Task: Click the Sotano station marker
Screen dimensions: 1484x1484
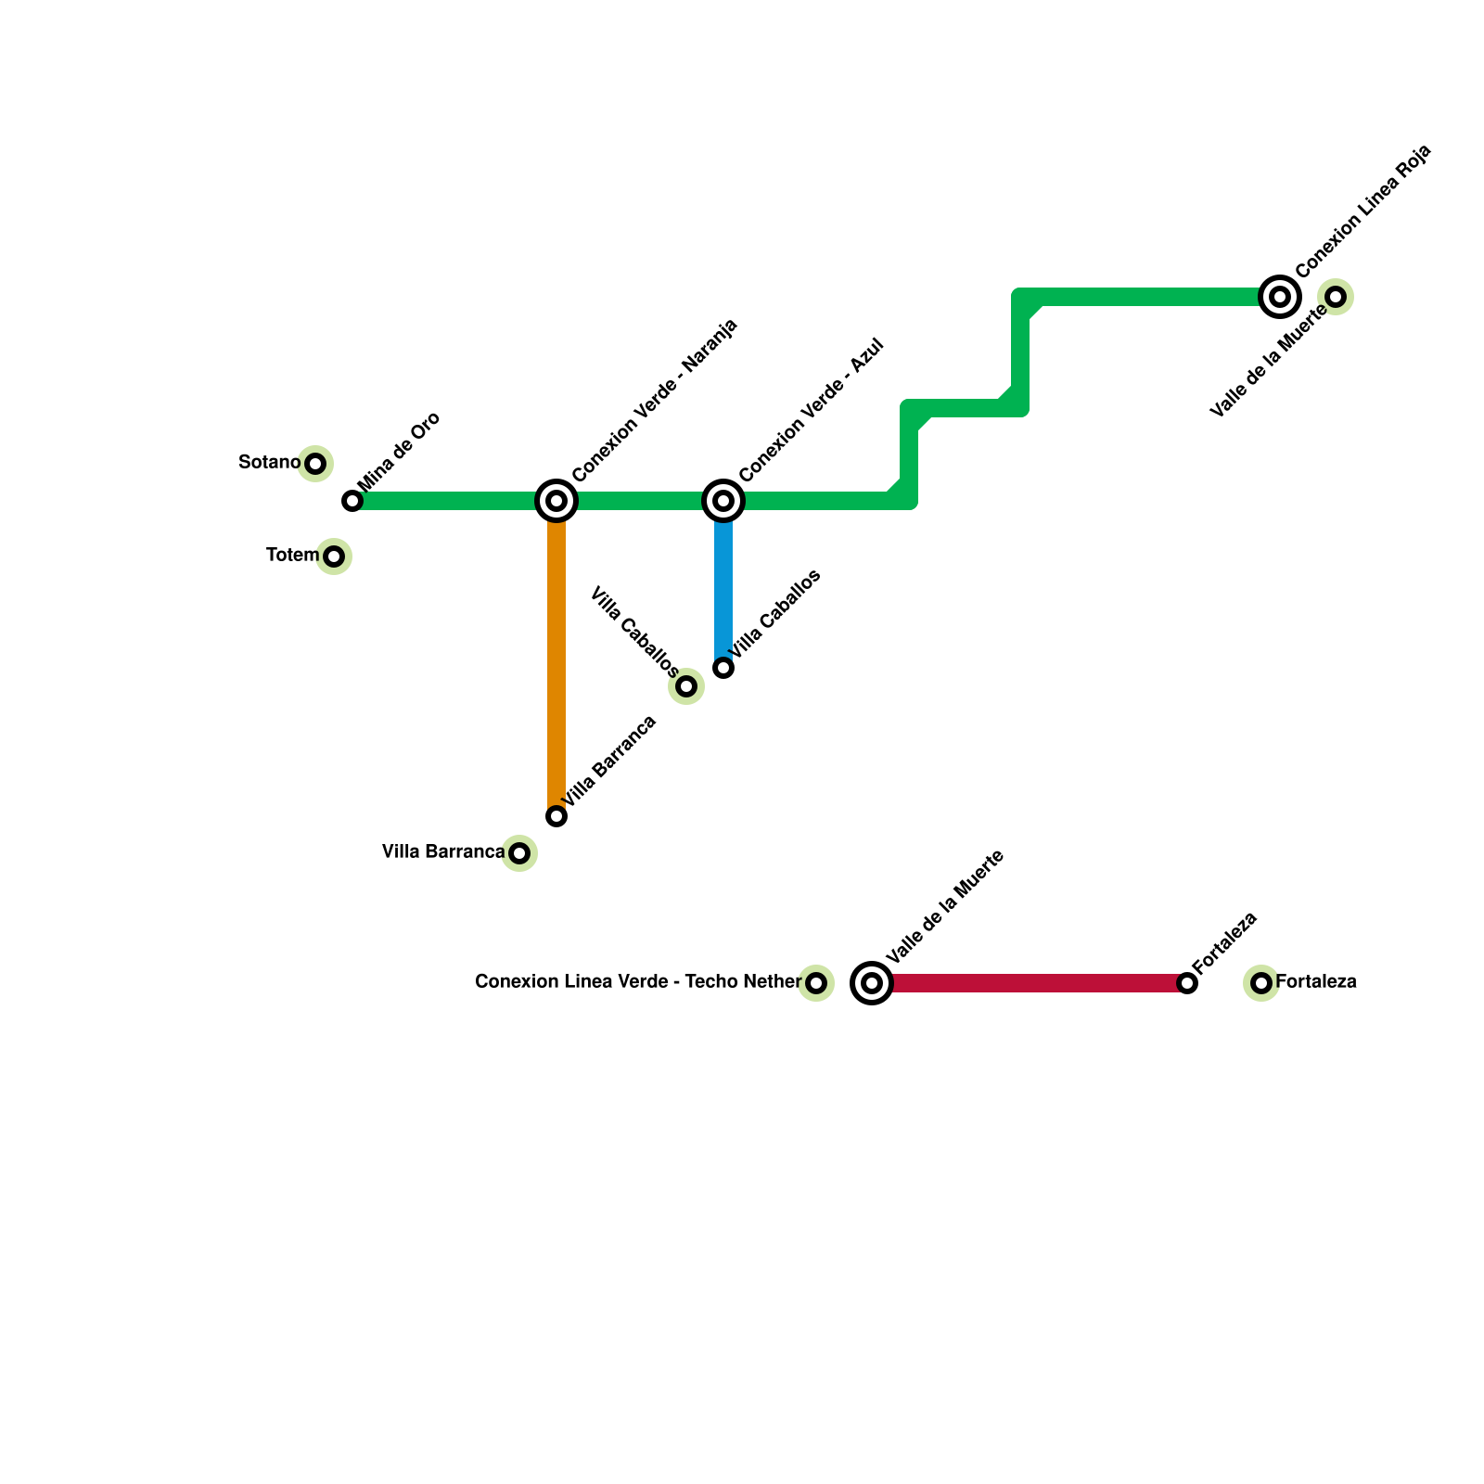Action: click(315, 464)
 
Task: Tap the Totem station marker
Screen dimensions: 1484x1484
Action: click(334, 556)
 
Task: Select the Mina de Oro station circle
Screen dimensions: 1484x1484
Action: click(352, 501)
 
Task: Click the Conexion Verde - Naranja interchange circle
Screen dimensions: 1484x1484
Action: click(556, 501)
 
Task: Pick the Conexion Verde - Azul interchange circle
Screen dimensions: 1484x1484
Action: click(723, 501)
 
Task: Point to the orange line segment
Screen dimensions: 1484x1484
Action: click(556, 659)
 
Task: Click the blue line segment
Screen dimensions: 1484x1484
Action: click(723, 584)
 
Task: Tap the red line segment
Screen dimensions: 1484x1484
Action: click(1030, 983)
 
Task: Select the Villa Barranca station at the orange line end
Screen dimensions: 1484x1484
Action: click(556, 816)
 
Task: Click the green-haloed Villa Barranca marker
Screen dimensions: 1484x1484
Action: click(519, 853)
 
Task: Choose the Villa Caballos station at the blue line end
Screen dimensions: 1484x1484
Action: click(723, 668)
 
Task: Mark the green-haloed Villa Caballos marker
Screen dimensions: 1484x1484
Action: click(686, 686)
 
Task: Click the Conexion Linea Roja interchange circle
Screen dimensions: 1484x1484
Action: click(1280, 297)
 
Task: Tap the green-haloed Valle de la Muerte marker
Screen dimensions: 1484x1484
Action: click(1336, 297)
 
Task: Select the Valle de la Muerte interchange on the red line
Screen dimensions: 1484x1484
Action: click(872, 983)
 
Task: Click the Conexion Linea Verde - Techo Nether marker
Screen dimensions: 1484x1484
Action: click(816, 983)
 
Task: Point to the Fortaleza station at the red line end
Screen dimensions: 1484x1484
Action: click(1187, 983)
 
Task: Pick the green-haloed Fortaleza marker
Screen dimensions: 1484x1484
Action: click(1261, 983)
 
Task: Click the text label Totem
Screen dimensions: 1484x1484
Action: click(292, 556)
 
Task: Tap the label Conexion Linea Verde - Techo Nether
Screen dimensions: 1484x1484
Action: click(637, 981)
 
